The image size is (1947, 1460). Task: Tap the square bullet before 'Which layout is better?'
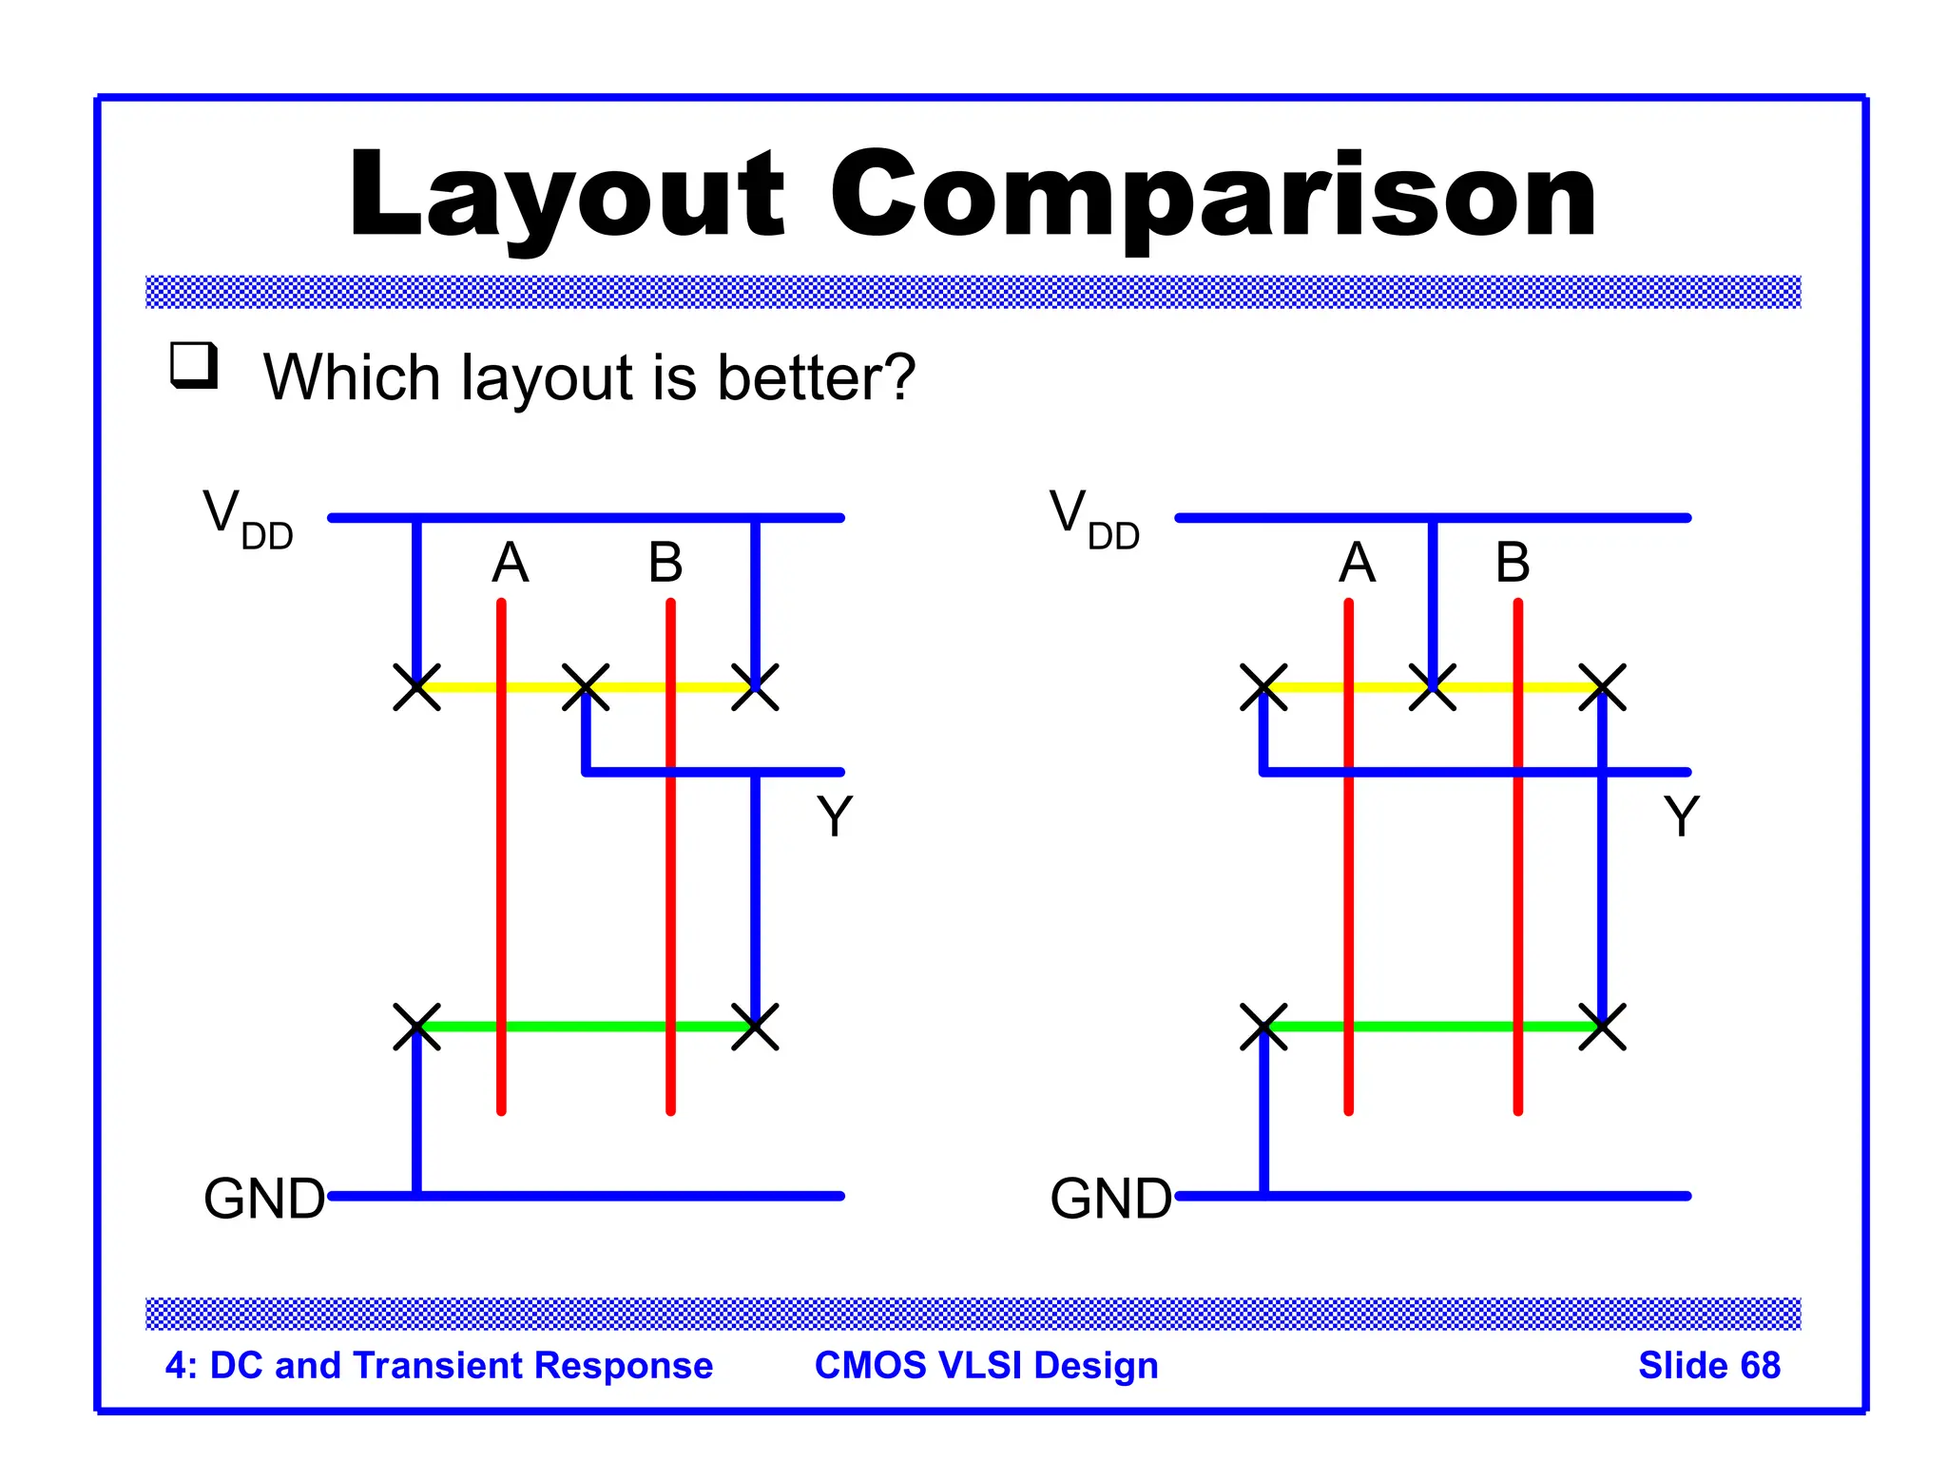194,365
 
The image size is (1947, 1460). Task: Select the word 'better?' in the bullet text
816,377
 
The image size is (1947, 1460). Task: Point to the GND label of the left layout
264,1198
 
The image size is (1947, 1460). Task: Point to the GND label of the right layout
1110,1198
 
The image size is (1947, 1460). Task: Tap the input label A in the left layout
510,562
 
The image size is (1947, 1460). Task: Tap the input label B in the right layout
1513,562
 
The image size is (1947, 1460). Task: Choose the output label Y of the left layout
835,816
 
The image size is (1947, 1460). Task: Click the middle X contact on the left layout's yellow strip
586,687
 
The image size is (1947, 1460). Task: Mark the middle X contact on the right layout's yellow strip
1433,687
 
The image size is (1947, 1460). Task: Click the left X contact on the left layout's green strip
416,1027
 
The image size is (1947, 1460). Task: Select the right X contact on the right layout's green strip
1602,1027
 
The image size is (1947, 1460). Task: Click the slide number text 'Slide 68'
1708,1365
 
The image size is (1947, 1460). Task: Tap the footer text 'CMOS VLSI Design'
986,1365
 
